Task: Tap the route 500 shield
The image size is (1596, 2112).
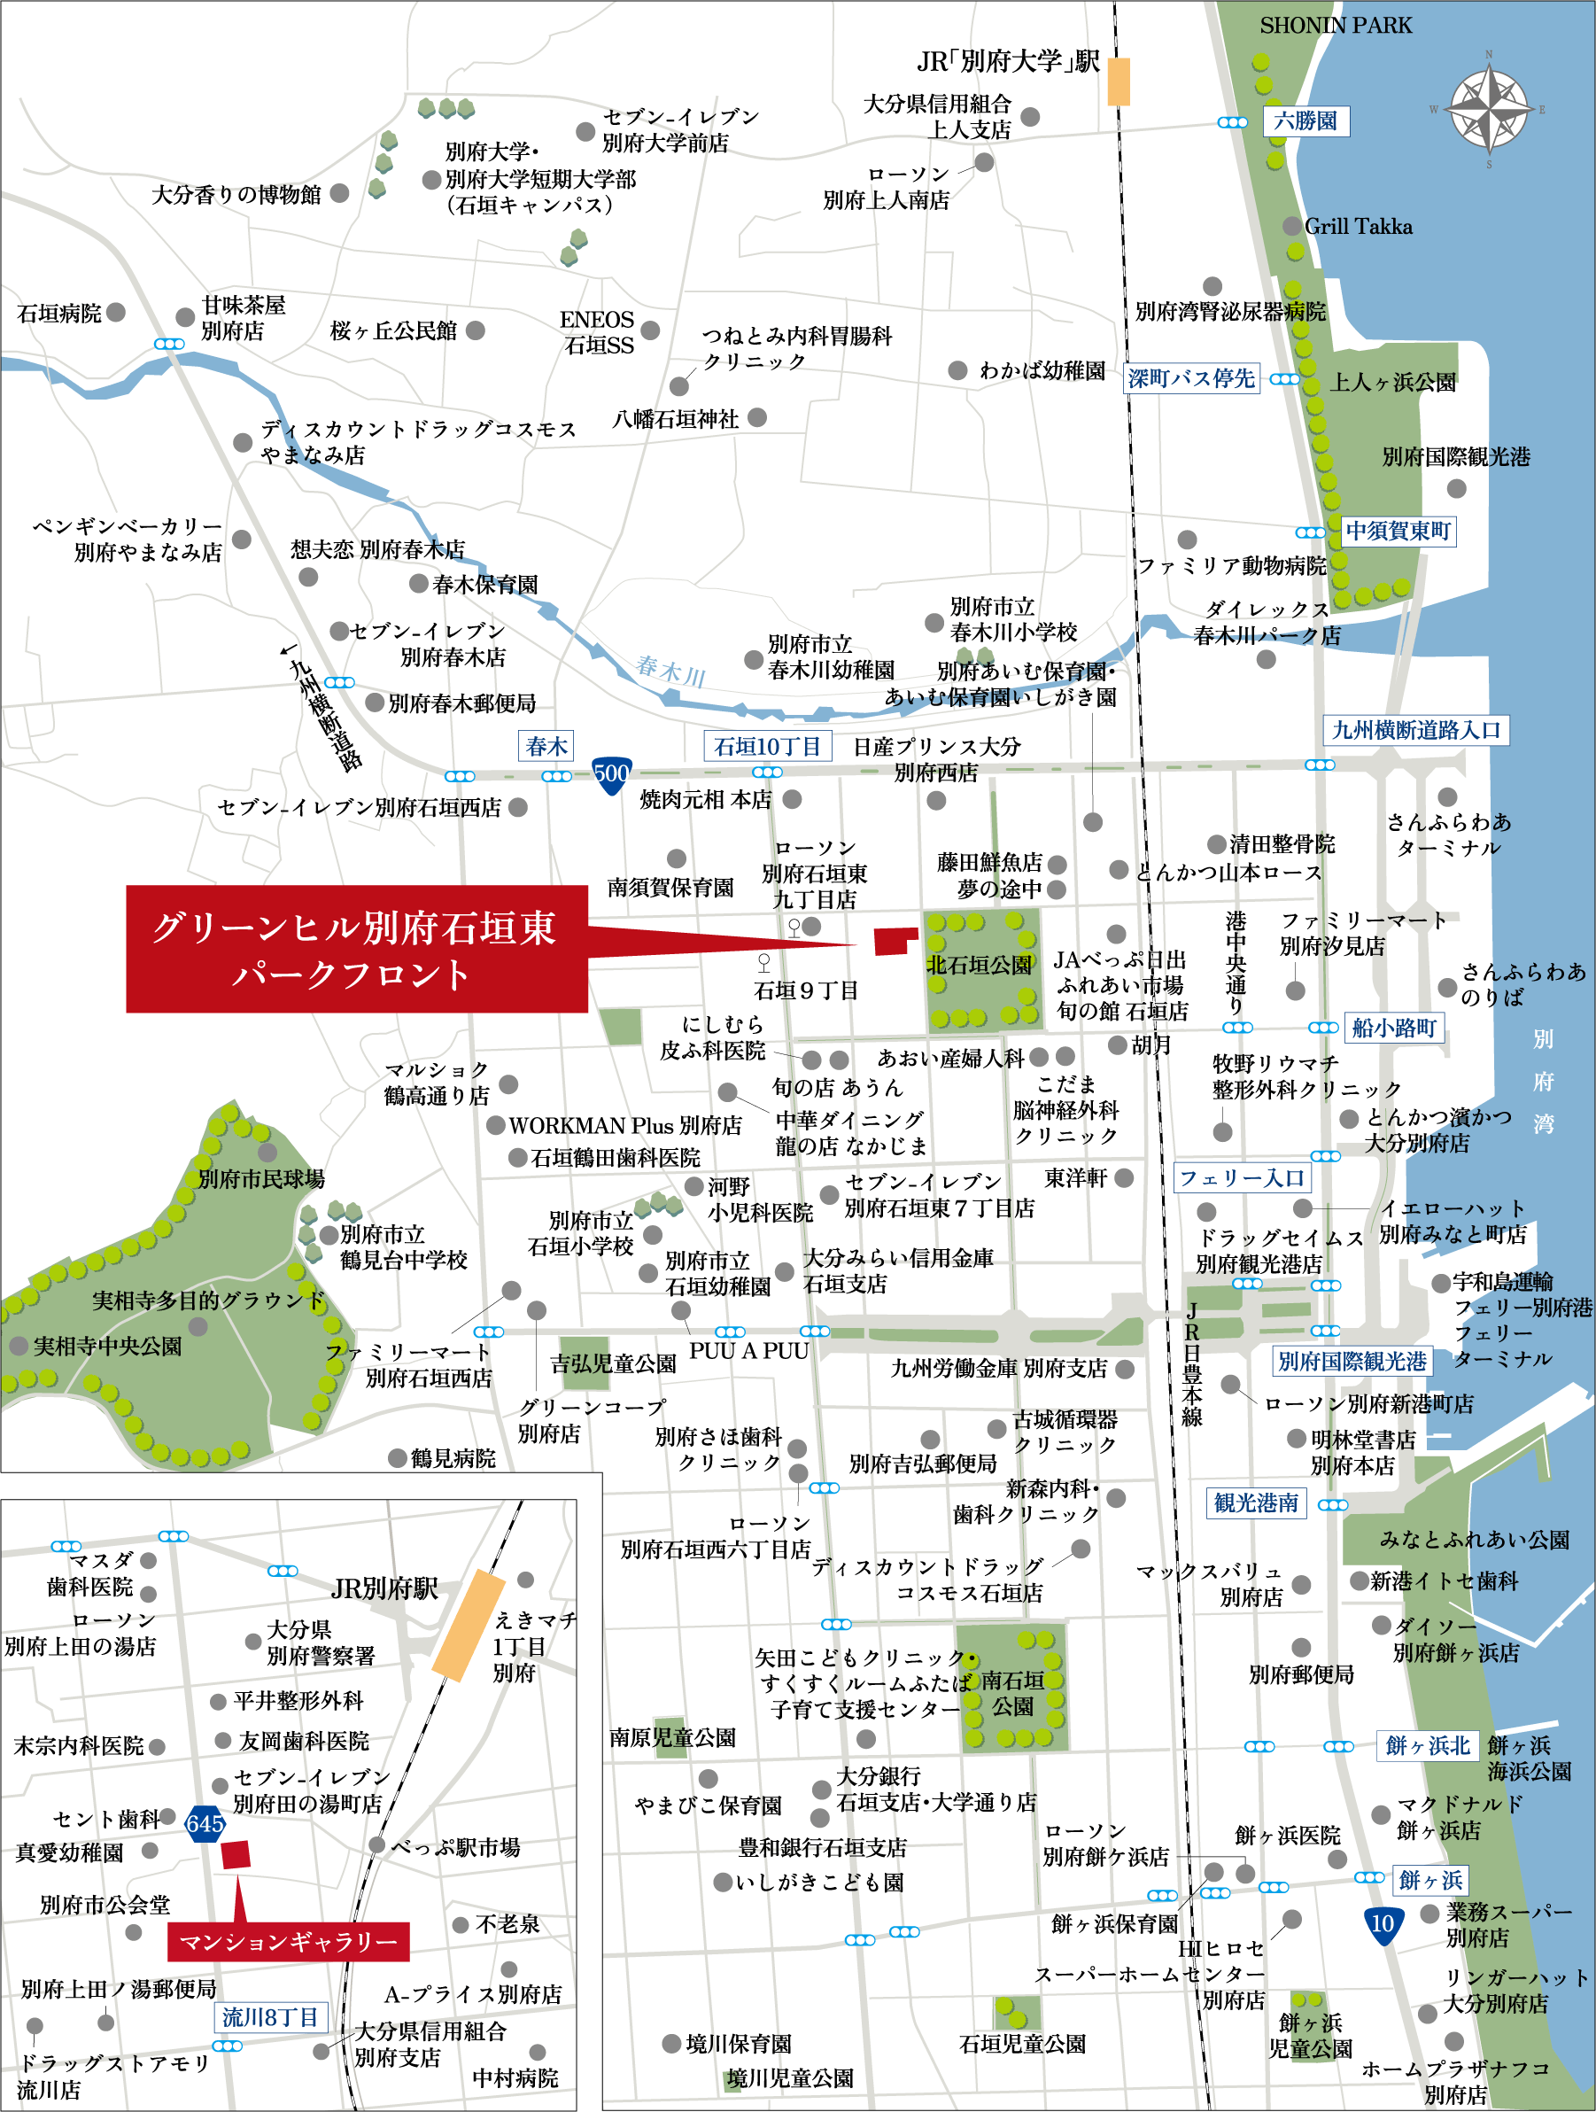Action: coord(611,773)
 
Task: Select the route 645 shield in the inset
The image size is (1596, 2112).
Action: coord(205,1824)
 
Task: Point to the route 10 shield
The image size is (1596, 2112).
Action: coord(1383,1923)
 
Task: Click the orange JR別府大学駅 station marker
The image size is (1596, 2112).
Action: coord(1118,82)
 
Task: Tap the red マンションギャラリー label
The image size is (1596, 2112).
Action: coord(288,1942)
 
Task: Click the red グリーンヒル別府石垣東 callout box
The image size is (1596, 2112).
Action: coord(356,948)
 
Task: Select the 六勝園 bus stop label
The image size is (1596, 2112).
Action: coord(1305,121)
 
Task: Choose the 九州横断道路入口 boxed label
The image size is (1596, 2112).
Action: coord(1415,729)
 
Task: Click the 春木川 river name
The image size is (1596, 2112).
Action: coord(670,671)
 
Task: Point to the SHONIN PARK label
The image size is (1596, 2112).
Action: coord(1336,26)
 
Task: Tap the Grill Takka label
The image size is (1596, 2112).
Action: coord(1358,226)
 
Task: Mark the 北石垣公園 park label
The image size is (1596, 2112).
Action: coord(980,965)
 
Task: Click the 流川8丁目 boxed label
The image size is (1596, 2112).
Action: coord(269,2016)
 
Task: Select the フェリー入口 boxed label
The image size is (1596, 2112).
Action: coord(1241,1177)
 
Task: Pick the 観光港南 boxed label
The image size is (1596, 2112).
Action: coord(1255,1502)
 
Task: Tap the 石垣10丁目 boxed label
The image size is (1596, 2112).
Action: coord(768,746)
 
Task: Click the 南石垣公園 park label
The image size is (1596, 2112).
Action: coord(1011,1693)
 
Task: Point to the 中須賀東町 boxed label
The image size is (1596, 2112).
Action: coord(1398,531)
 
